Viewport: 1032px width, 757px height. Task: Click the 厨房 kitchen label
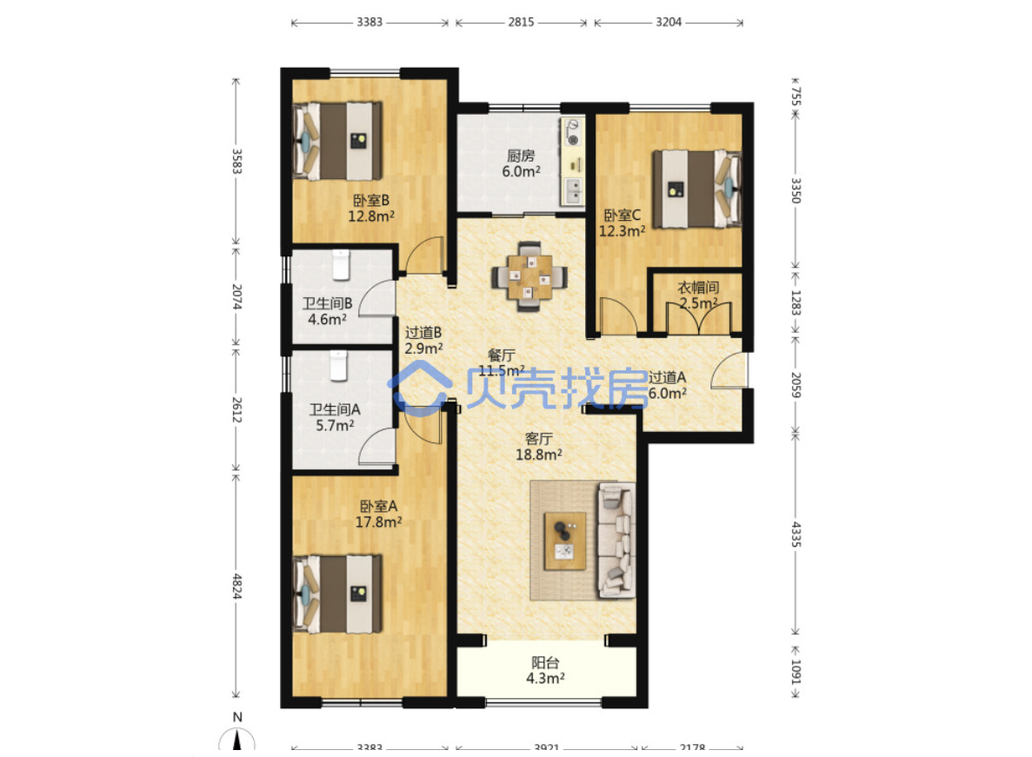[x=521, y=156]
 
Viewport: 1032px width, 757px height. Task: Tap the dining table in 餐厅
[x=529, y=277]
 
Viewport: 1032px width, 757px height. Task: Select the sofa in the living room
[x=616, y=540]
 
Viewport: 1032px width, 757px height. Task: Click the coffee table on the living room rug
[x=565, y=541]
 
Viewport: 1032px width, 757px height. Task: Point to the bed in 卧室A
[x=337, y=594]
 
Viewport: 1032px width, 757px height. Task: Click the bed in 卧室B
[x=337, y=140]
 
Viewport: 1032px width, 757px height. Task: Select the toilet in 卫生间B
[x=340, y=263]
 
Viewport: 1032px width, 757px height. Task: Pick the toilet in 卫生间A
[x=338, y=365]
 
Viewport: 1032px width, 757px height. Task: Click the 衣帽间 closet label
[x=698, y=288]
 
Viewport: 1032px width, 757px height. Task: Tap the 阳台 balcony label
[x=545, y=662]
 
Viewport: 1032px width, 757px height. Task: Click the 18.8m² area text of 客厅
[x=538, y=455]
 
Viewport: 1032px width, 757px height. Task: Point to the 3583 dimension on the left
[x=236, y=161]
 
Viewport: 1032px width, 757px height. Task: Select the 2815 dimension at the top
[x=521, y=22]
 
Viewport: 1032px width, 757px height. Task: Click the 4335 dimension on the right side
[x=795, y=534]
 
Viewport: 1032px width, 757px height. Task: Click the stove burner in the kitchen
[x=573, y=139]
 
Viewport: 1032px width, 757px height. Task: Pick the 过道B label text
[x=423, y=333]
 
